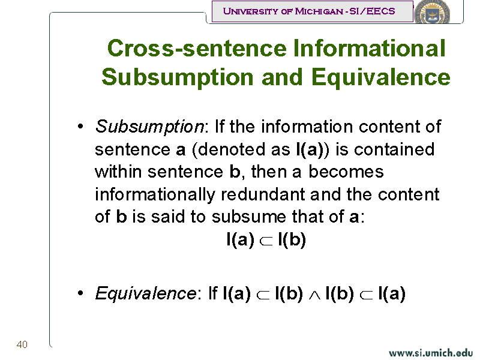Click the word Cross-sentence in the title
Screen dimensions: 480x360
pos(197,49)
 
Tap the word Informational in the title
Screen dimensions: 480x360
pos(369,48)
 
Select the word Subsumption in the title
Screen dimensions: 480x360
pos(178,77)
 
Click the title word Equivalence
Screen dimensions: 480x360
pos(381,77)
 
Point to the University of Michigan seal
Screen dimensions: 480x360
pos(432,11)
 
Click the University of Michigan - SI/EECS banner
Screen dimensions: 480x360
pos(312,11)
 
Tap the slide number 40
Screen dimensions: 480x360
pos(22,344)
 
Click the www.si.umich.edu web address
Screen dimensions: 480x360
pos(431,353)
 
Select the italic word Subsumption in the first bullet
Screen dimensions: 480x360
pos(149,127)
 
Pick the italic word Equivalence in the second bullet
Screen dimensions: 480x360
pos(146,293)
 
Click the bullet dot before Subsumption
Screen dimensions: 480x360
pos(80,126)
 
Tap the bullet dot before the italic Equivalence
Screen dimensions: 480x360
pos(80,293)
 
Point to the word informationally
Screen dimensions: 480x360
pos(155,195)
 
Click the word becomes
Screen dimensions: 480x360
pos(346,172)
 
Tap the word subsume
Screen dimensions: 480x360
pos(248,217)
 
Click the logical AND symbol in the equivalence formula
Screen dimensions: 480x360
pos(314,295)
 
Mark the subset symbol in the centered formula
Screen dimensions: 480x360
pos(266,241)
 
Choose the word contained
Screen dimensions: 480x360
pos(394,149)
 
